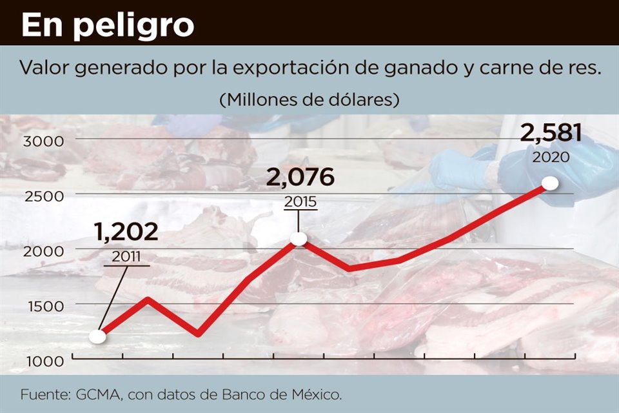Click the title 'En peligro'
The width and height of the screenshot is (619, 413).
tap(108, 25)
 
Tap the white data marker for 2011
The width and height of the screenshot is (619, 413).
tap(97, 336)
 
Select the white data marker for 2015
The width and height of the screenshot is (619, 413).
tap(299, 239)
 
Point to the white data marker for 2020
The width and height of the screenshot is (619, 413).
tap(550, 183)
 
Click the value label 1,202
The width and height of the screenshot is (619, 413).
tap(126, 232)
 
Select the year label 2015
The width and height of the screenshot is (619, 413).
tap(300, 201)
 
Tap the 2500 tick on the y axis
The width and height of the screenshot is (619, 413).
tap(43, 196)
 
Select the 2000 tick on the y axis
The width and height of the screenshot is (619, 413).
tap(43, 250)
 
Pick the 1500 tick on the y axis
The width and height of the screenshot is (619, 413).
tap(43, 305)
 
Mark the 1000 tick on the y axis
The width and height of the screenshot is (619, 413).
tap(43, 360)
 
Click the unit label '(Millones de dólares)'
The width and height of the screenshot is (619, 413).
tap(309, 100)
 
